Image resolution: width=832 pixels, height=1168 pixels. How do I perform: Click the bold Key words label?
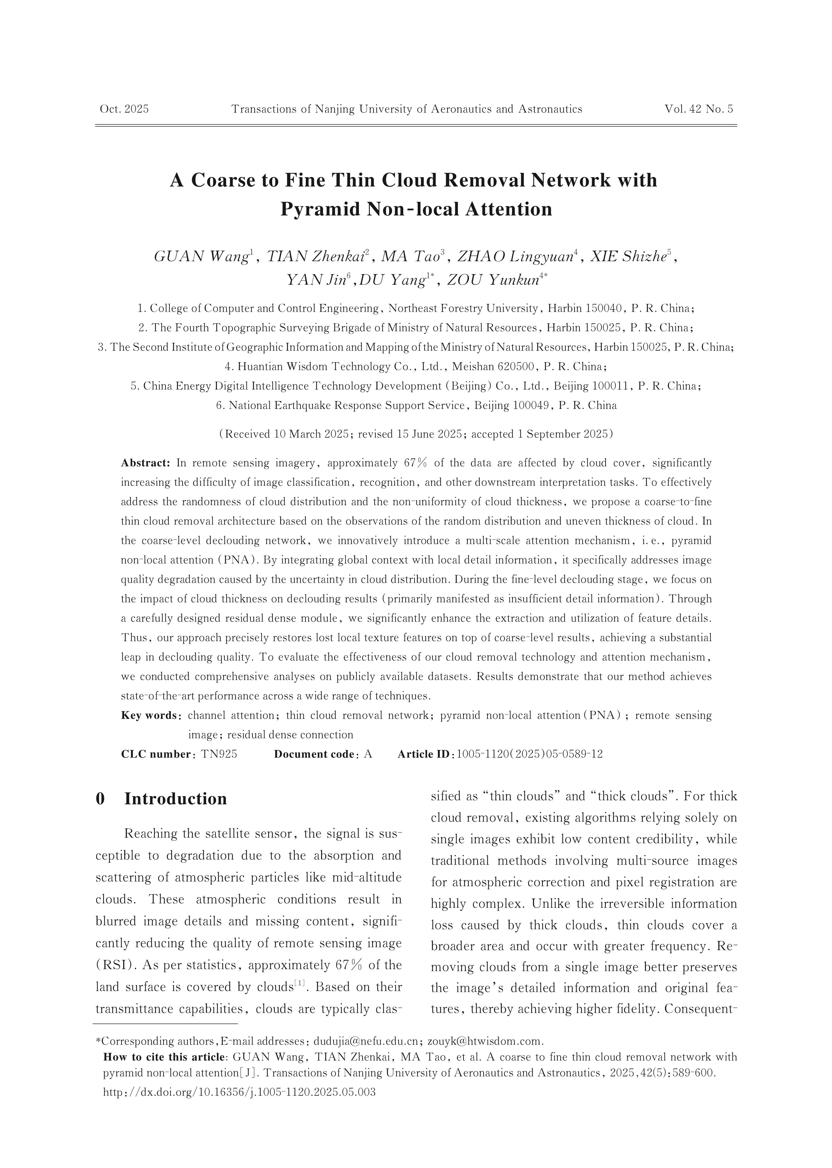click(151, 715)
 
